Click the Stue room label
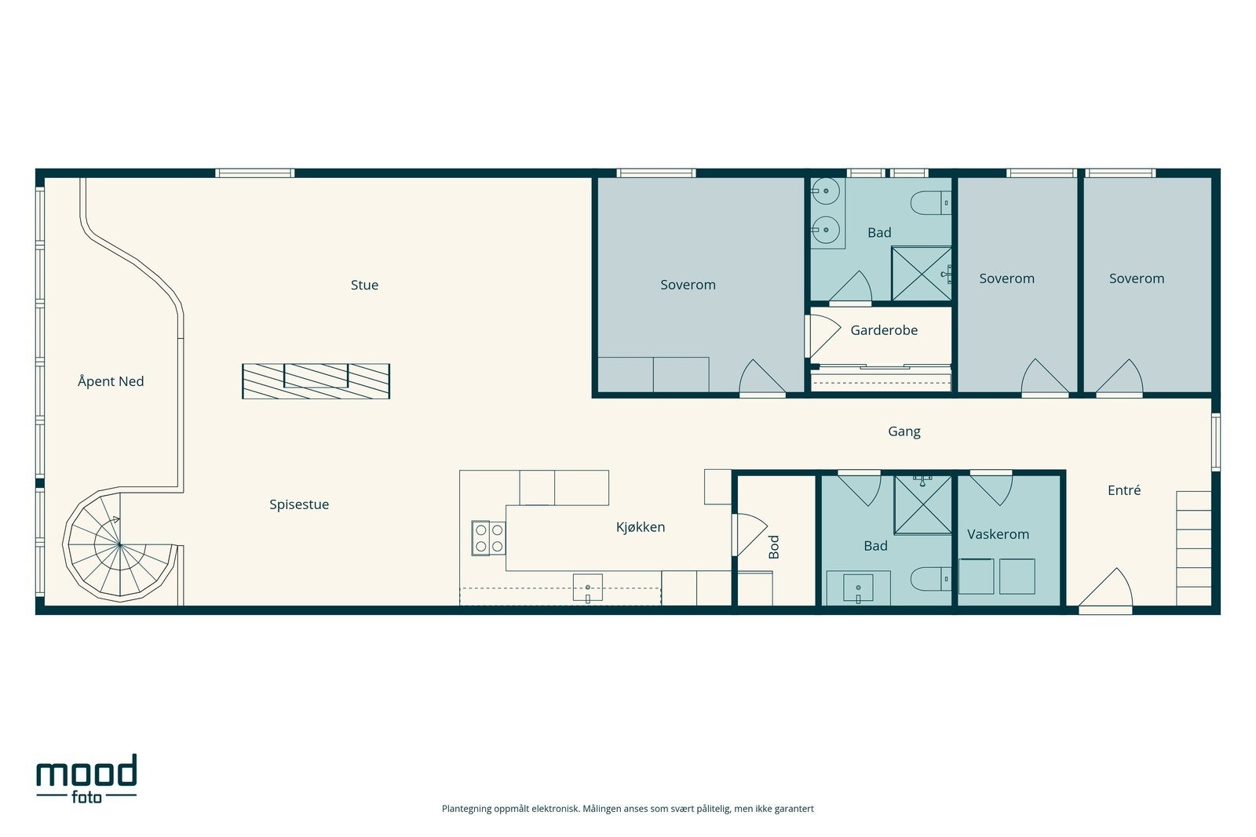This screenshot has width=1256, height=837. pyautogui.click(x=364, y=286)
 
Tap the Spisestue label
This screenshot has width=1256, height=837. pyautogui.click(x=299, y=504)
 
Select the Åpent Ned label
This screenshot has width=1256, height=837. pyautogui.click(x=111, y=381)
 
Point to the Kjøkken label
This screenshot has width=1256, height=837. pyautogui.click(x=641, y=527)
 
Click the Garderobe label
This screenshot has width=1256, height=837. pyautogui.click(x=884, y=330)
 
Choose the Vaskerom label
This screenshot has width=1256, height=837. pyautogui.click(x=998, y=534)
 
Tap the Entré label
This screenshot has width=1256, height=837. pyautogui.click(x=1123, y=490)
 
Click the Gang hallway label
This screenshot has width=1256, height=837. pyautogui.click(x=904, y=432)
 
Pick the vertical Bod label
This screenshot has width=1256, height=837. pyautogui.click(x=774, y=547)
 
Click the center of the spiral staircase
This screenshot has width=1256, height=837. pyautogui.click(x=119, y=544)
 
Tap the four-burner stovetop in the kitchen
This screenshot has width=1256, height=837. pyautogui.click(x=488, y=538)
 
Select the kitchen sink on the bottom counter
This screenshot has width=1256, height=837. pyautogui.click(x=588, y=588)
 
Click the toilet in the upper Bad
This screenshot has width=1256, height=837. pyautogui.click(x=931, y=202)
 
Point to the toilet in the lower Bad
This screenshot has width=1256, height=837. pyautogui.click(x=931, y=579)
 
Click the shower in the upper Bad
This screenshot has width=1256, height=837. pyautogui.click(x=922, y=274)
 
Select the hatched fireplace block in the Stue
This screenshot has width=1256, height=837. pyautogui.click(x=316, y=381)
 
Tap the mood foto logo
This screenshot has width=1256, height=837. pyautogui.click(x=86, y=778)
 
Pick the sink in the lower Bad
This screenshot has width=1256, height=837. pyautogui.click(x=858, y=588)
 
